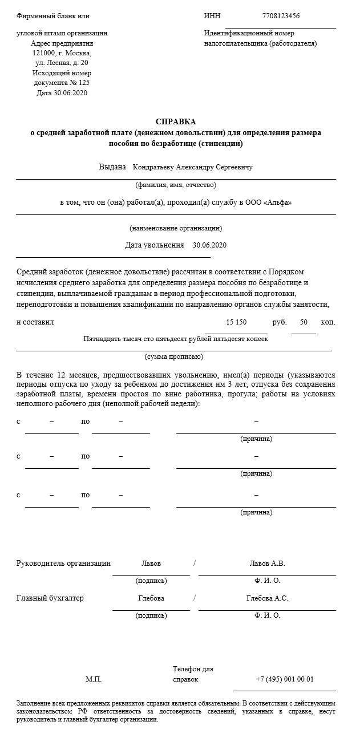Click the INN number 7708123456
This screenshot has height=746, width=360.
tap(281, 16)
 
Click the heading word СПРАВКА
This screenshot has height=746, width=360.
tap(176, 121)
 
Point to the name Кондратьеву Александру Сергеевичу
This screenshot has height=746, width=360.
tap(192, 167)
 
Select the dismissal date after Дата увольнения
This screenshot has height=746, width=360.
tap(210, 245)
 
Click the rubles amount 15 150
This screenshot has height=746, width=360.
tap(236, 322)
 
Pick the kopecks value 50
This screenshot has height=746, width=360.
tap(304, 322)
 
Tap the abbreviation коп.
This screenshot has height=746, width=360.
tap(328, 322)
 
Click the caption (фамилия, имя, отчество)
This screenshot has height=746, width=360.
tap(176, 185)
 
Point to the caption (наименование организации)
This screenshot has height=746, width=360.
tap(176, 228)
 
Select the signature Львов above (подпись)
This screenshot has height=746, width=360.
tap(151, 563)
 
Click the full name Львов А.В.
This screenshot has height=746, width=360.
tap(267, 563)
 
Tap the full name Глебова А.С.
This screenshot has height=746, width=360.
tap(267, 598)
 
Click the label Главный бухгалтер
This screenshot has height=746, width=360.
tap(50, 598)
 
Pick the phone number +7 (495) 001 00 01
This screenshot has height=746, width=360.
tap(285, 679)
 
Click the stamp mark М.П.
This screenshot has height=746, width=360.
tap(94, 679)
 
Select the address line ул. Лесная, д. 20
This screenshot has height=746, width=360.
tap(62, 63)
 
